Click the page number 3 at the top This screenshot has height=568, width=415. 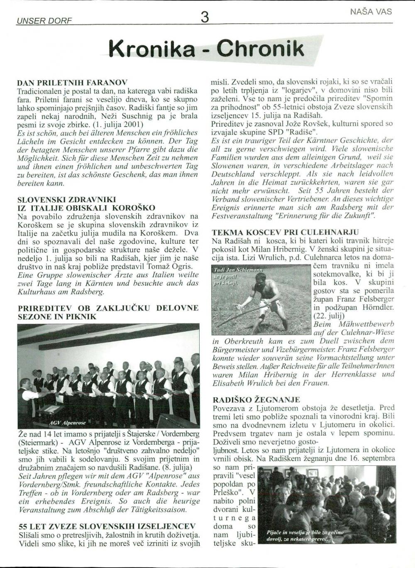point(204,17)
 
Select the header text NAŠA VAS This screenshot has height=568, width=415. point(371,12)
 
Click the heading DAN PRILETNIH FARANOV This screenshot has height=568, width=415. point(72,82)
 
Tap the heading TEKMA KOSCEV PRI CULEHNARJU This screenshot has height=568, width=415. point(285,232)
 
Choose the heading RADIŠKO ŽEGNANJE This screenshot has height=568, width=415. point(256,400)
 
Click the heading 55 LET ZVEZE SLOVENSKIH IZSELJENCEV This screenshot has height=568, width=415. point(107,526)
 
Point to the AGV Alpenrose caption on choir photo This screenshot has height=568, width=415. point(68,423)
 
